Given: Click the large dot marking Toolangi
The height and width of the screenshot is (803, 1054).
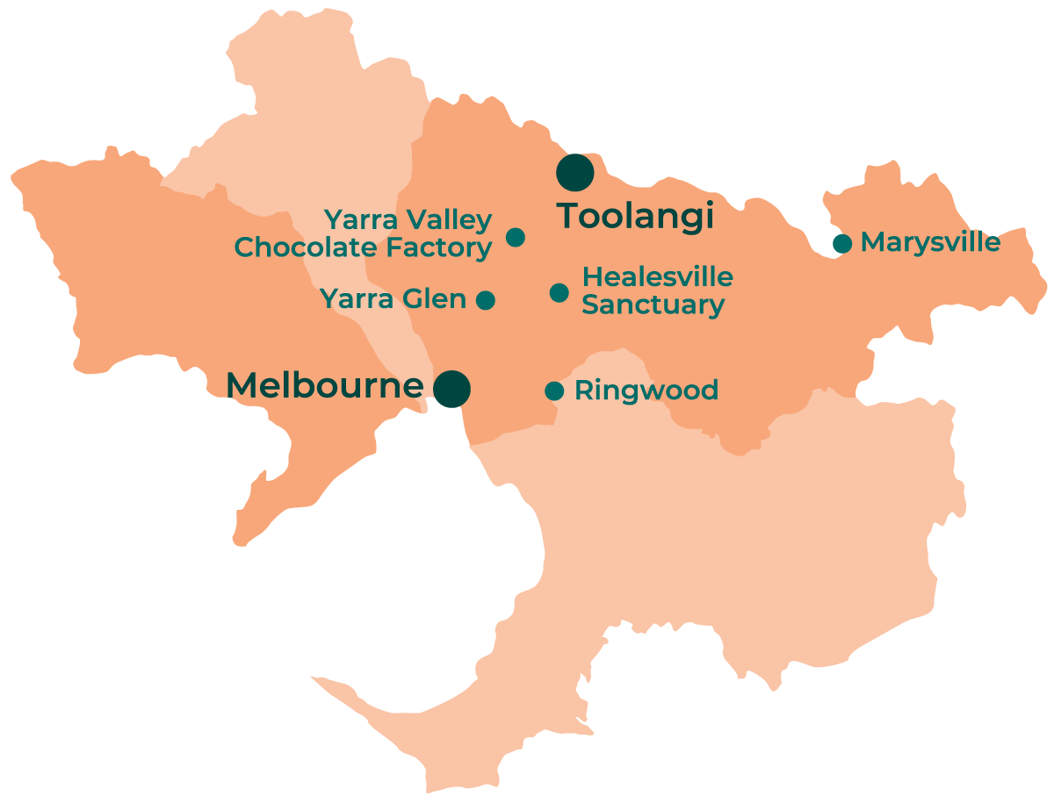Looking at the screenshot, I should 575,173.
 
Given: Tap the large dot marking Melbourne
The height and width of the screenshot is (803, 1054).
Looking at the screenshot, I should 451,388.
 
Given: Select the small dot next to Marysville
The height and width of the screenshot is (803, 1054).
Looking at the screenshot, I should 841,243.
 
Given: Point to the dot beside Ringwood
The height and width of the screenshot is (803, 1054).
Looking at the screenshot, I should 554,391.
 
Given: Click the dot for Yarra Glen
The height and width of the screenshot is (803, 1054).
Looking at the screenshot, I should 486,300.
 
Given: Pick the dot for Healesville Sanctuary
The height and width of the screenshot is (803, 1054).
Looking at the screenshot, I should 559,292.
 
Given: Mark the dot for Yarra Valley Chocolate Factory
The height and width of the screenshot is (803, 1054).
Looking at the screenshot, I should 516,237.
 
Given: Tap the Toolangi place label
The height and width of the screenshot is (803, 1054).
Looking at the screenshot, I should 636,216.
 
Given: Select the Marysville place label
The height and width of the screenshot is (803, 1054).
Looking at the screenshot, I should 930,242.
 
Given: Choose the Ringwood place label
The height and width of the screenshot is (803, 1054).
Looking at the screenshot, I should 646,391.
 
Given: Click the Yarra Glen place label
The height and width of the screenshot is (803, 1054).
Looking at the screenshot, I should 393,299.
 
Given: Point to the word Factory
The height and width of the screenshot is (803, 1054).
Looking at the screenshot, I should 442,248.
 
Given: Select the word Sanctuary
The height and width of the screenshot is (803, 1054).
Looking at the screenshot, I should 653,305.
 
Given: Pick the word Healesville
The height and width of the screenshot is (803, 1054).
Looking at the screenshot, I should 657,277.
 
